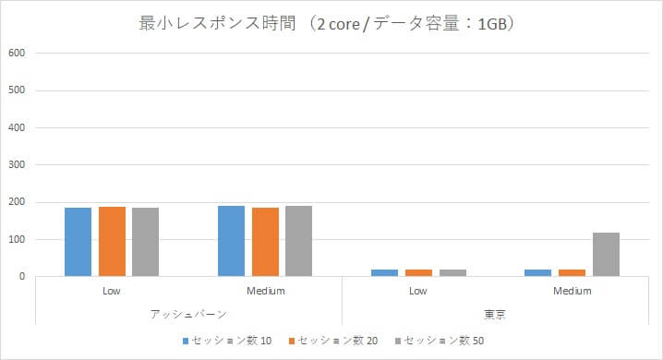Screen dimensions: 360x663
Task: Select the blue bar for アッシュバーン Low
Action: (x=78, y=242)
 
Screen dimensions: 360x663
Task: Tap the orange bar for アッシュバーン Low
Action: (x=112, y=241)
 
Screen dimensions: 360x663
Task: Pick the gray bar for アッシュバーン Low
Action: (x=146, y=242)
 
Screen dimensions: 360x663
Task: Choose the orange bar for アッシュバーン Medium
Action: (x=265, y=242)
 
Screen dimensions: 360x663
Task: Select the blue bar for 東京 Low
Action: (x=384, y=272)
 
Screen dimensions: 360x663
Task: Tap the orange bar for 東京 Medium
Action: (x=572, y=272)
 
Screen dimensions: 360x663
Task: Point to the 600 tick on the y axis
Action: (x=17, y=53)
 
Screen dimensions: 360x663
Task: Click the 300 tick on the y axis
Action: (x=17, y=164)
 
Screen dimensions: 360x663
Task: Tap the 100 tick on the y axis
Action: (x=17, y=239)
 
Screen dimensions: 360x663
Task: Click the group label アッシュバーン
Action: (x=188, y=314)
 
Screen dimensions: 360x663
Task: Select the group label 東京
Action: (x=495, y=314)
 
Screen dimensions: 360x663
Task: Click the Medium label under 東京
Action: (x=572, y=291)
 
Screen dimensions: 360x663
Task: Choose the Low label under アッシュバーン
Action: (x=112, y=291)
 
